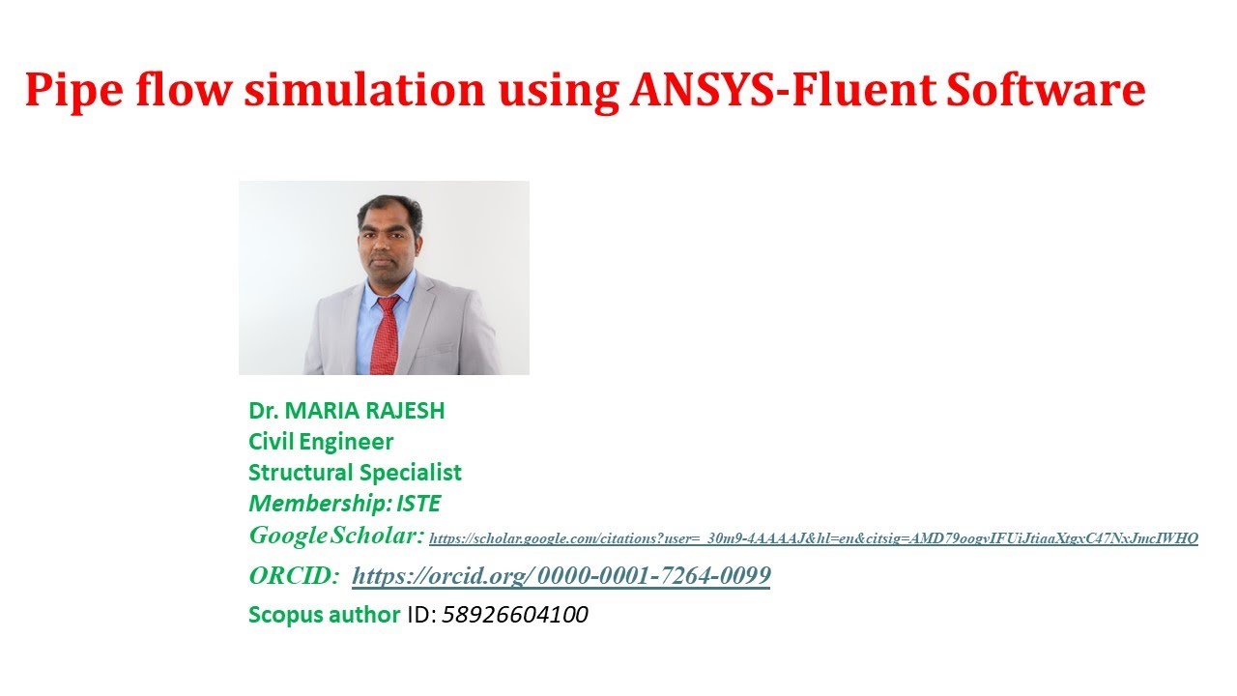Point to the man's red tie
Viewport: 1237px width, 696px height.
pos(385,333)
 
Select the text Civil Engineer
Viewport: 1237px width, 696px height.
pos(321,442)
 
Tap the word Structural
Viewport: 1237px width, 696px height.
pos(301,473)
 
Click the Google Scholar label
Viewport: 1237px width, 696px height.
pos(335,535)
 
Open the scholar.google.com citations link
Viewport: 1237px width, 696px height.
pos(813,538)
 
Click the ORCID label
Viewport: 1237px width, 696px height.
pos(294,576)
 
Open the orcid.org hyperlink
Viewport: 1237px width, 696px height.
pos(561,577)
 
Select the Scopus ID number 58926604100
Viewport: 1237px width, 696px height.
pos(515,615)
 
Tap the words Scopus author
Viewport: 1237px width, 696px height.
pos(324,615)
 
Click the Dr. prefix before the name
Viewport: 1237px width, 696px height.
pos(263,411)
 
